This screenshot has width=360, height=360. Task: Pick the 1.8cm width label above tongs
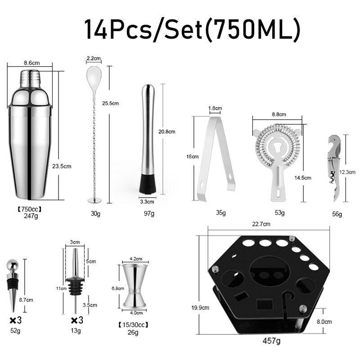click(x=215, y=108)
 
